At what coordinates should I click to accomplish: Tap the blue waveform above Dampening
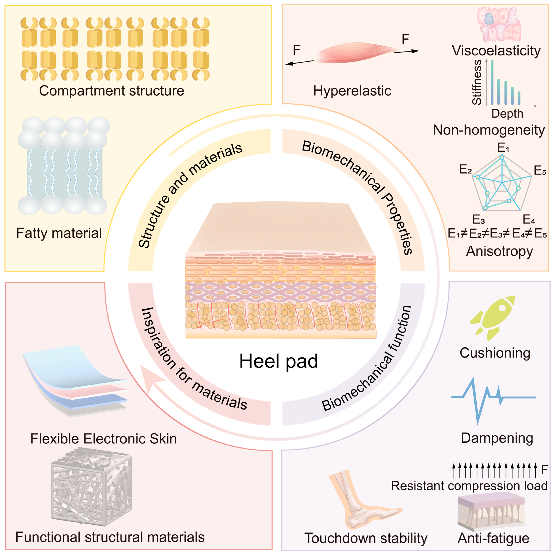point(493,400)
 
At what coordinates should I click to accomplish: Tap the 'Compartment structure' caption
point(112,91)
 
